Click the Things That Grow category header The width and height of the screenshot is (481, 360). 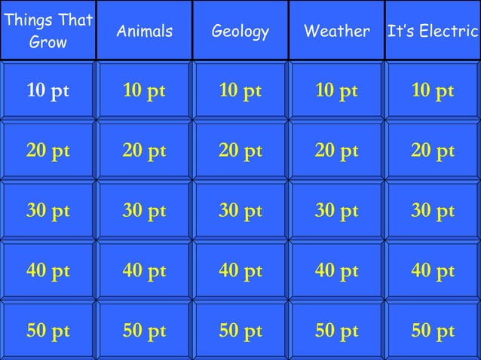click(x=48, y=30)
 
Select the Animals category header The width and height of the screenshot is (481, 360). click(x=144, y=31)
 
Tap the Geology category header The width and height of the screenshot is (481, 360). click(x=240, y=31)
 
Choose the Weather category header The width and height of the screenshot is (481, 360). click(x=336, y=31)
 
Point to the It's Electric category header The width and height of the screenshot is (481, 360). click(x=433, y=31)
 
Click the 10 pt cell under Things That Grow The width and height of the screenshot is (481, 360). click(x=48, y=91)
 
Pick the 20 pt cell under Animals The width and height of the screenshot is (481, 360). click(x=144, y=151)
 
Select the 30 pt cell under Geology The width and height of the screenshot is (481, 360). click(x=240, y=212)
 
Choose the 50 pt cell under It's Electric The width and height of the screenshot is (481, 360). click(x=433, y=331)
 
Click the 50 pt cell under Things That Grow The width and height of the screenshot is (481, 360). click(x=48, y=331)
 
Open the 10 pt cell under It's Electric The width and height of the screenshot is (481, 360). click(x=433, y=91)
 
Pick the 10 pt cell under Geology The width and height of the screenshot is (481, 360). click(x=240, y=91)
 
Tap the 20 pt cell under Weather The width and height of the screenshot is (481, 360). click(x=336, y=151)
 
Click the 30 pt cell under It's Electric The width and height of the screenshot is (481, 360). click(x=433, y=212)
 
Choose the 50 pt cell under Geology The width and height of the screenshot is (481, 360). click(x=240, y=331)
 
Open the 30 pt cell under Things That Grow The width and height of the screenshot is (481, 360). click(x=48, y=212)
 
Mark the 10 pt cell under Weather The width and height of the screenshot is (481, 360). click(x=336, y=91)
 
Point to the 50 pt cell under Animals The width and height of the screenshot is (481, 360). click(x=144, y=331)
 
